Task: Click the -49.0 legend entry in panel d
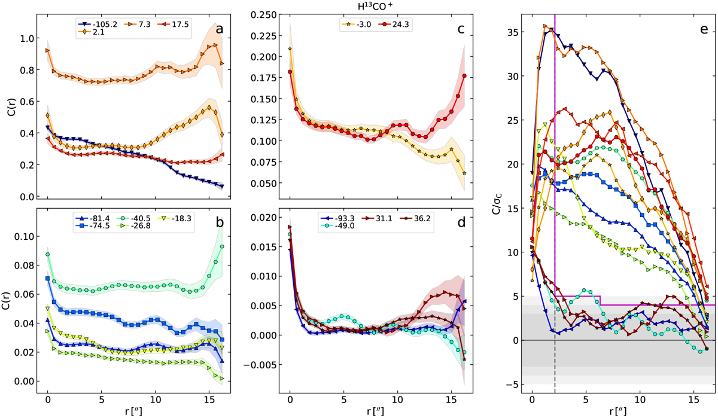pos(339,227)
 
